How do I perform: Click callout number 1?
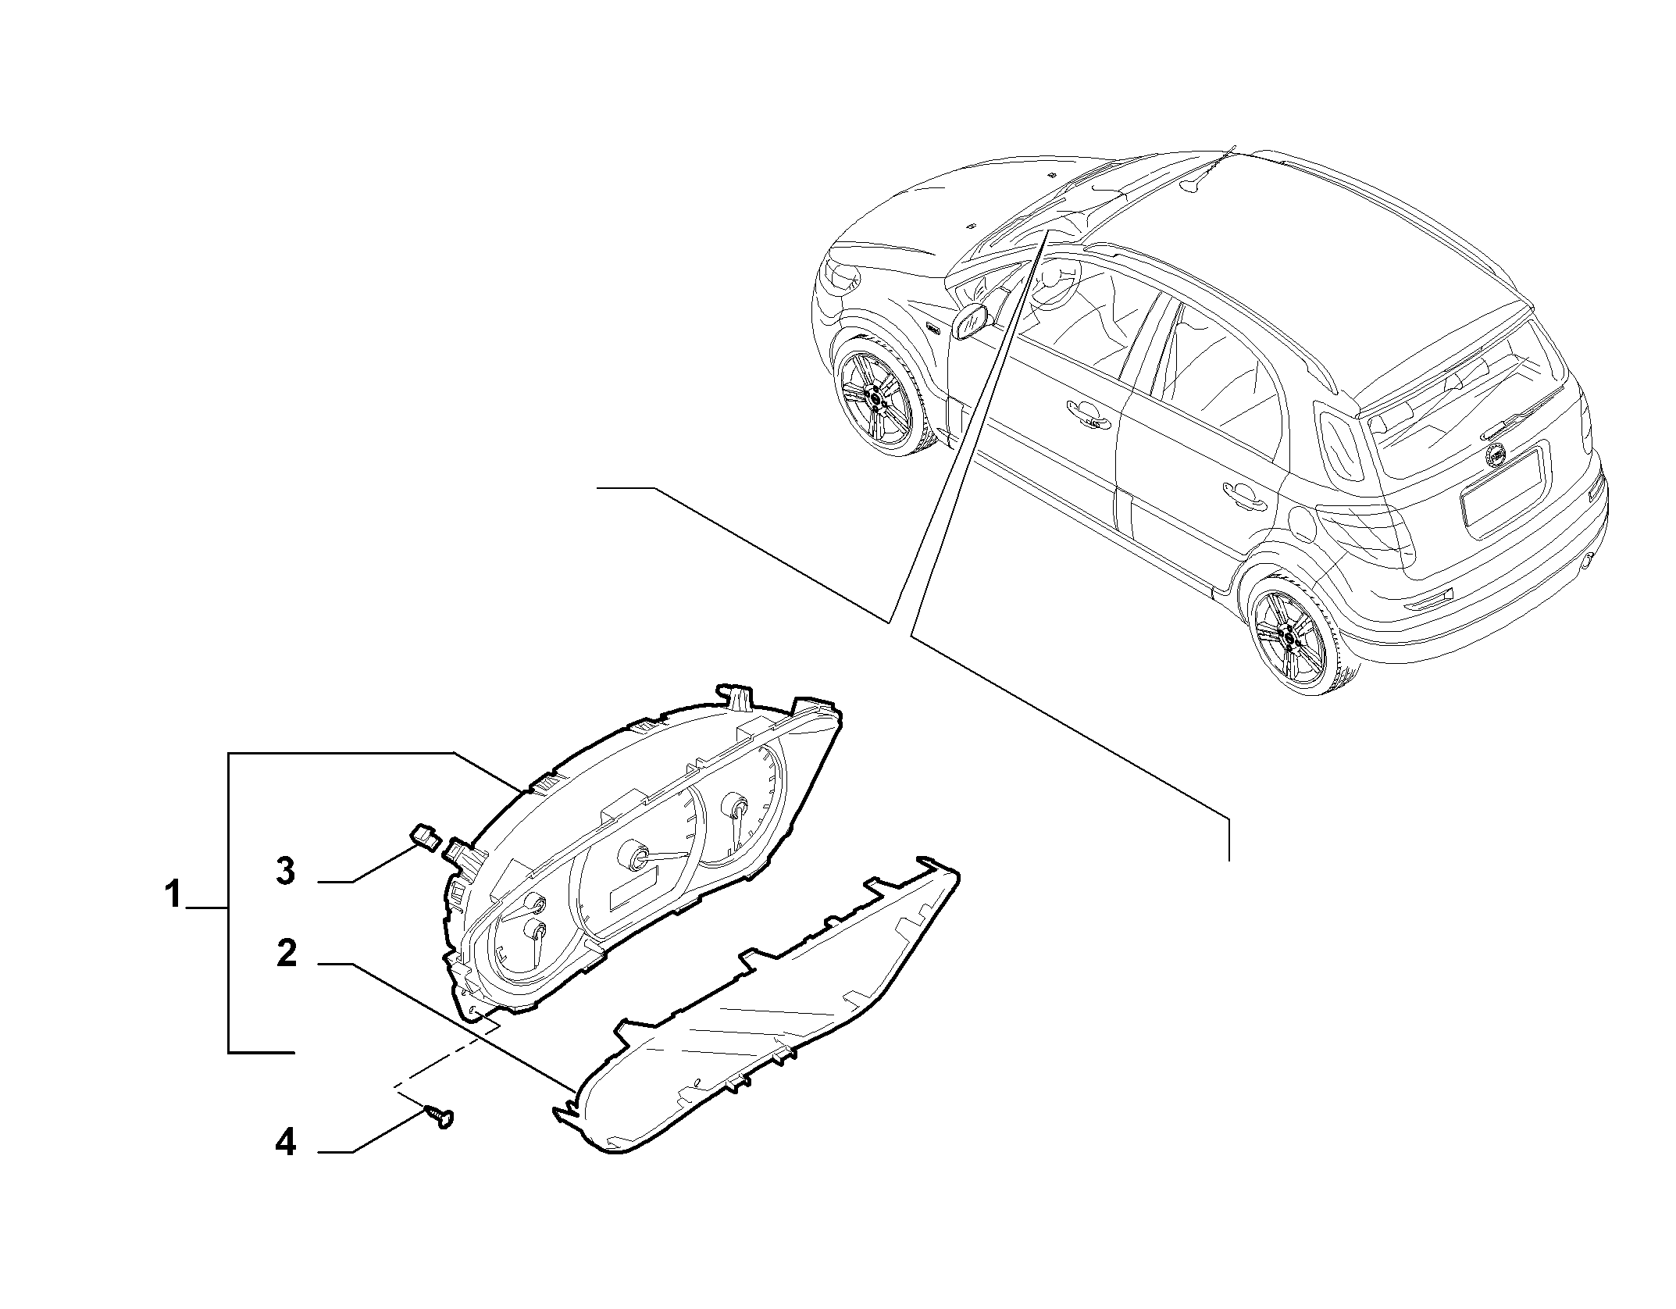(x=173, y=893)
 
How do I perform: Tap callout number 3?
(x=286, y=872)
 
